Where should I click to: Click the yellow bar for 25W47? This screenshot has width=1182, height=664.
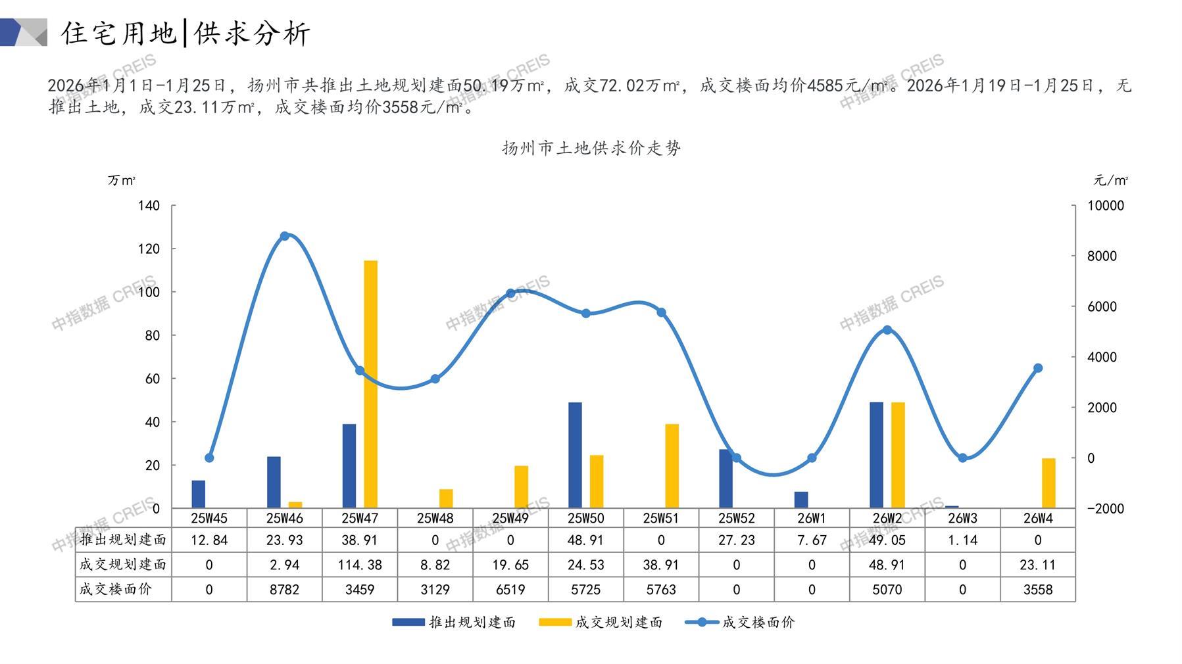pyautogui.click(x=370, y=384)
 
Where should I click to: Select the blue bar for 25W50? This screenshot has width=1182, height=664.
pyautogui.click(x=575, y=455)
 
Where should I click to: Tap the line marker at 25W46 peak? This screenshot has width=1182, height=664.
pyautogui.click(x=284, y=236)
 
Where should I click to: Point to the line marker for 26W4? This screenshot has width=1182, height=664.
pyautogui.click(x=1037, y=368)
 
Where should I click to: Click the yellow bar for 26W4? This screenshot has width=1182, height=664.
pyautogui.click(x=1048, y=483)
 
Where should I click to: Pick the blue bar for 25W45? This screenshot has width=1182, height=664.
pyautogui.click(x=198, y=494)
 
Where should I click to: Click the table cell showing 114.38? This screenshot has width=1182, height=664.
pyautogui.click(x=360, y=565)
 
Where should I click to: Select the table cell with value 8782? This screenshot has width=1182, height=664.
pyautogui.click(x=284, y=590)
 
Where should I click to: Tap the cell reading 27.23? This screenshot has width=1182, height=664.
pyautogui.click(x=736, y=540)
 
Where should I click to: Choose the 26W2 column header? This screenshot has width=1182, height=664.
pyautogui.click(x=887, y=518)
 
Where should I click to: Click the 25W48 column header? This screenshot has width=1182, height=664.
pyautogui.click(x=435, y=518)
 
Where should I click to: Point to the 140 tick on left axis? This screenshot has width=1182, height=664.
pyautogui.click(x=149, y=206)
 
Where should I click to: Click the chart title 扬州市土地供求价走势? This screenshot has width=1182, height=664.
pyautogui.click(x=591, y=149)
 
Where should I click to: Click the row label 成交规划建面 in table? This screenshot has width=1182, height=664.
pyautogui.click(x=123, y=565)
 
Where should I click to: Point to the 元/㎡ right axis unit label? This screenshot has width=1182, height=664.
pyautogui.click(x=1110, y=180)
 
